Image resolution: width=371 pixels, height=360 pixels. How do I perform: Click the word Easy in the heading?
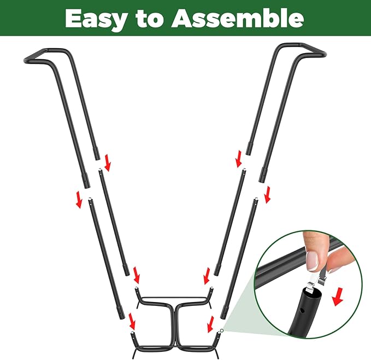coord(98,19)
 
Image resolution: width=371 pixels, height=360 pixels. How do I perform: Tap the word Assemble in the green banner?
coord(237,19)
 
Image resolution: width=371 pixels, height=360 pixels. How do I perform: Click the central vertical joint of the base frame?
coord(173,323)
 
